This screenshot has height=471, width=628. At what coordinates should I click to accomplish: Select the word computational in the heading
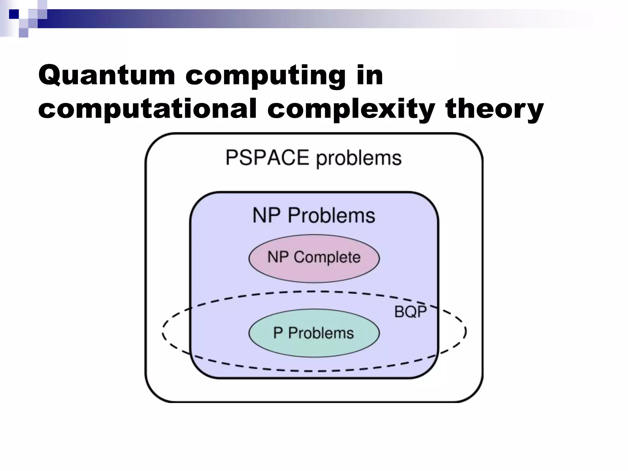(147, 109)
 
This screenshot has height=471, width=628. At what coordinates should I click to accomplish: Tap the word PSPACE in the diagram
(267, 158)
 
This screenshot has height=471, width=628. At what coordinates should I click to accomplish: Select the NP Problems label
(314, 215)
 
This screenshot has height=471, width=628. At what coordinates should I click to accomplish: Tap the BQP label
(410, 312)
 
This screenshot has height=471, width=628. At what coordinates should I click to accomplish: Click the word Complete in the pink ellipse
(327, 257)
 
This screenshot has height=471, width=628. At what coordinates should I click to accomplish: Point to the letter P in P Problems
(278, 333)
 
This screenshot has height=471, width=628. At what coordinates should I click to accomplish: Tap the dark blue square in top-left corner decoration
(14, 14)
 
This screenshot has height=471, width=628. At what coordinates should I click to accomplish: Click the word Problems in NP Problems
(331, 215)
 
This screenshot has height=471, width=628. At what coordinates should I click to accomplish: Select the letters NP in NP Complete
(278, 257)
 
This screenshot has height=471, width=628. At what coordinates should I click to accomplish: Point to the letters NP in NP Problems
(266, 215)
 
